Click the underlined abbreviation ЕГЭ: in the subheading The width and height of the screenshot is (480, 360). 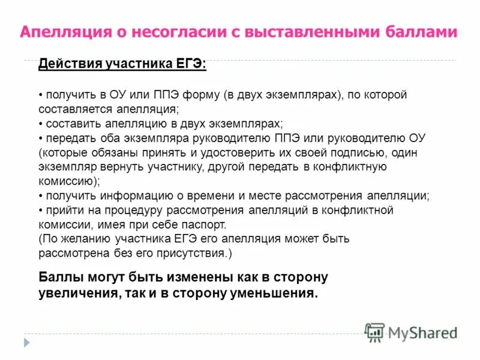(190, 64)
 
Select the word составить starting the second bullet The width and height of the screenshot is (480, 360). (71, 123)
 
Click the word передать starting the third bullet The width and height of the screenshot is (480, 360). (70, 137)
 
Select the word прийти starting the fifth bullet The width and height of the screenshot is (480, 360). (60, 210)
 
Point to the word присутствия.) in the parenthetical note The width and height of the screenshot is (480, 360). (196, 253)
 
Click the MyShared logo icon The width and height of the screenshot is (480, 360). (375, 332)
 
